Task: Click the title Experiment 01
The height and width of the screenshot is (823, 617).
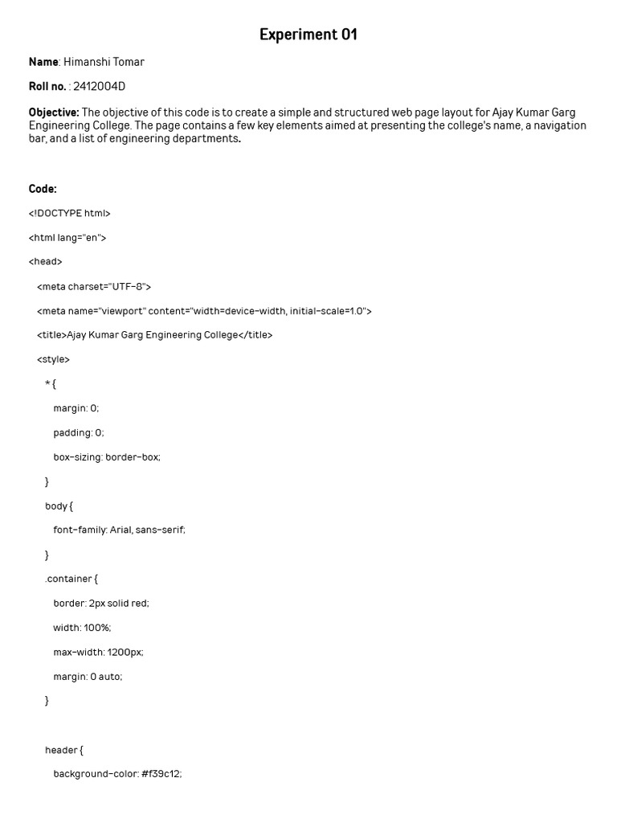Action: [308, 35]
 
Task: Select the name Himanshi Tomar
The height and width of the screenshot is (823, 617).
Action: [104, 62]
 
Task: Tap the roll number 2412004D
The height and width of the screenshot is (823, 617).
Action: [100, 87]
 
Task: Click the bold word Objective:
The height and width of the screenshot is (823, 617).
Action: [54, 113]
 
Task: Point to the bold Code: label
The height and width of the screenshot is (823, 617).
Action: [43, 189]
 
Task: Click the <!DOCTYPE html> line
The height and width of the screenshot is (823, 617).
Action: [69, 213]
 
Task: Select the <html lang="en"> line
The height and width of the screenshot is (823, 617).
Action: [67, 238]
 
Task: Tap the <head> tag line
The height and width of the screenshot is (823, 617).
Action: [45, 262]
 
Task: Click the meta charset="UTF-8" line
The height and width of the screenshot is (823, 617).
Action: [94, 286]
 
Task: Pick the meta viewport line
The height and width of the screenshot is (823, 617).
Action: [204, 311]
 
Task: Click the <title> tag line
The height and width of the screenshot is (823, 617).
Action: [154, 335]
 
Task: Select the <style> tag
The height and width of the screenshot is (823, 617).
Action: [53, 359]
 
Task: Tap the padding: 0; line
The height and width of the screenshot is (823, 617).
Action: [79, 432]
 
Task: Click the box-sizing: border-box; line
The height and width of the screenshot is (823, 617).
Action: [107, 457]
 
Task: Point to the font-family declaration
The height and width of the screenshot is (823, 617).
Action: [119, 530]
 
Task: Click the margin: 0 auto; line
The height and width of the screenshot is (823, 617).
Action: [88, 676]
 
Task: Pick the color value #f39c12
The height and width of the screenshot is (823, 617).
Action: [161, 774]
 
